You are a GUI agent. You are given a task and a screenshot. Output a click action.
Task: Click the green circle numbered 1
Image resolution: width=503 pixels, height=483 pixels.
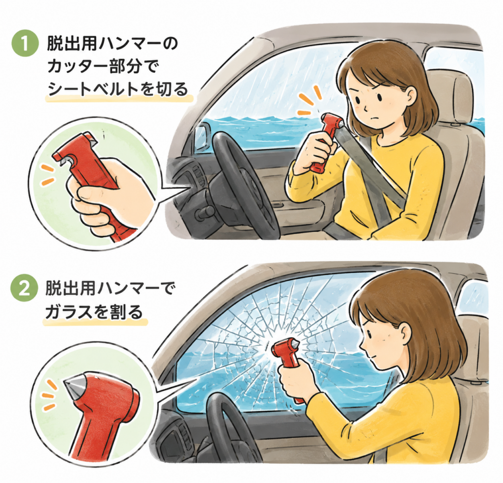pos(25,44)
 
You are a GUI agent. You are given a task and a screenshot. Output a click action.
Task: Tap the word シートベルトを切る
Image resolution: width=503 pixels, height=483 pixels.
pos(118,88)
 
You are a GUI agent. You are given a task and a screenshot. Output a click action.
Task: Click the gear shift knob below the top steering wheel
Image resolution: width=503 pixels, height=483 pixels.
pos(206,211)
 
